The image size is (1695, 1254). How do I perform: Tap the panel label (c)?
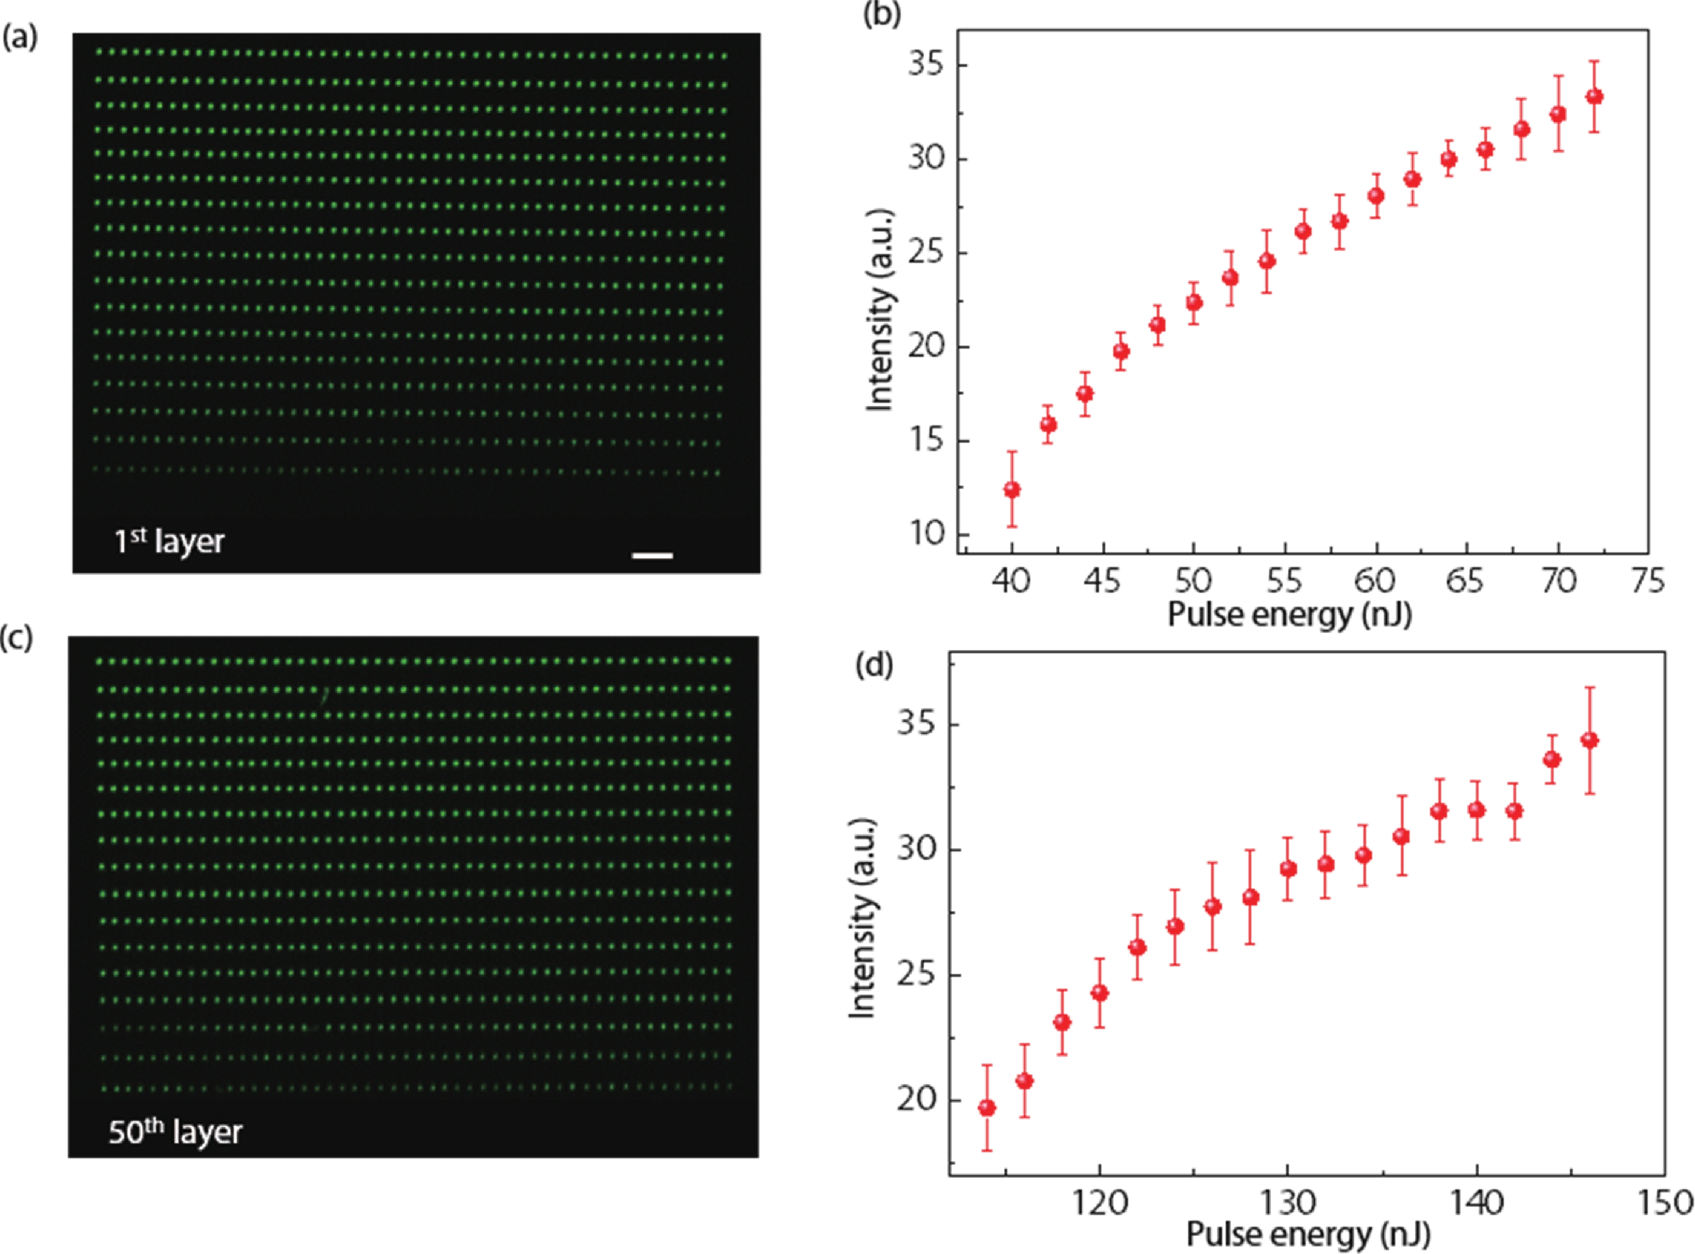coord(17,638)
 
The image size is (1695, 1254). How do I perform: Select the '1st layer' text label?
coord(169,541)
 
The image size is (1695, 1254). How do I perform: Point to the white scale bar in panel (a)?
coord(652,555)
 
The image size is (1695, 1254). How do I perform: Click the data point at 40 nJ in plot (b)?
coord(1012,490)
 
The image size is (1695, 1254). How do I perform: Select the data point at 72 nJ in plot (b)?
coord(1595,97)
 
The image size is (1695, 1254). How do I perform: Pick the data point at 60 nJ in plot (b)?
coord(1376,196)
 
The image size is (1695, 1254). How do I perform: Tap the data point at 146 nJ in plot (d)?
coord(1589,740)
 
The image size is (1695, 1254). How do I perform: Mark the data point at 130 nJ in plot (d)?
coord(1288,869)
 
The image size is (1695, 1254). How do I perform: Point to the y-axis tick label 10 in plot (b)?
coord(926,534)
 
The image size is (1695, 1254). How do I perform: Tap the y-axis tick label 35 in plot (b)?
coord(926,65)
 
